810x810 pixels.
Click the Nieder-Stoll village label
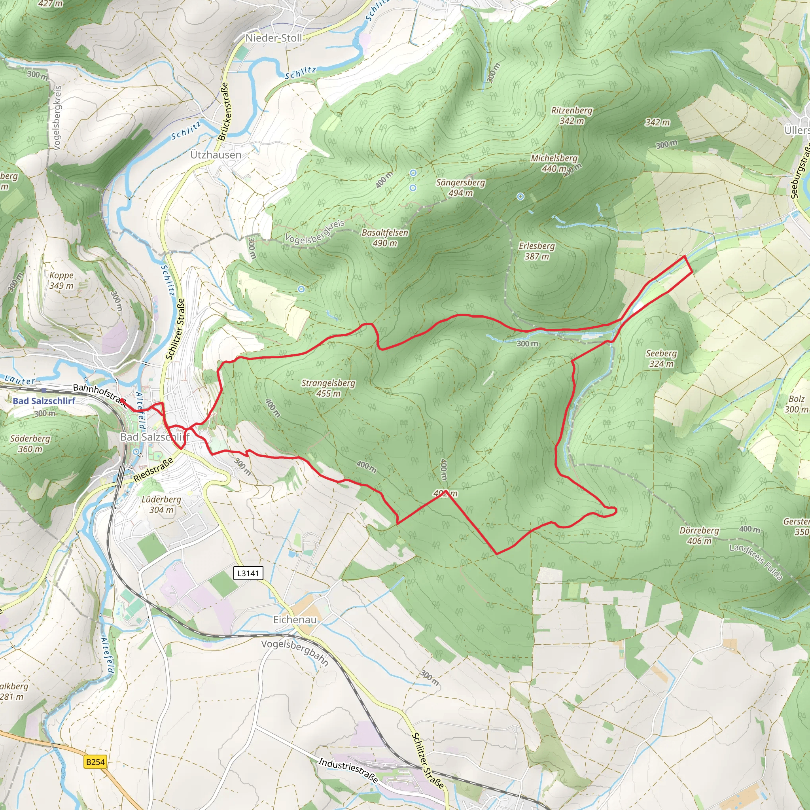click(273, 38)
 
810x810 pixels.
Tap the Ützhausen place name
click(216, 155)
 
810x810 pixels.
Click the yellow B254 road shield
click(95, 762)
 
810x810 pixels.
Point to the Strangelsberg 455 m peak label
click(328, 388)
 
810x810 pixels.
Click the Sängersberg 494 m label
click(460, 187)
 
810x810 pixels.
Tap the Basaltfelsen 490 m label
click(384, 237)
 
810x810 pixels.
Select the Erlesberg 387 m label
click(537, 251)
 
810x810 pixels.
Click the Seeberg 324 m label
click(661, 358)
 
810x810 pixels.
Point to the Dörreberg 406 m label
click(699, 536)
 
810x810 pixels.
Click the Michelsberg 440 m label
click(554, 163)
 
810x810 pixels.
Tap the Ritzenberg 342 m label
click(572, 115)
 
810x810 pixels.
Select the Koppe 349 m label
click(61, 280)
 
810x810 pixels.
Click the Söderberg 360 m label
click(30, 444)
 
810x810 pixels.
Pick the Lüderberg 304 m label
click(161, 504)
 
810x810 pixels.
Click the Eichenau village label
click(295, 619)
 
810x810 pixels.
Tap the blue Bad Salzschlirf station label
click(44, 401)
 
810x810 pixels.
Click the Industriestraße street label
click(348, 770)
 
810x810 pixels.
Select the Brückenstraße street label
click(223, 111)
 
